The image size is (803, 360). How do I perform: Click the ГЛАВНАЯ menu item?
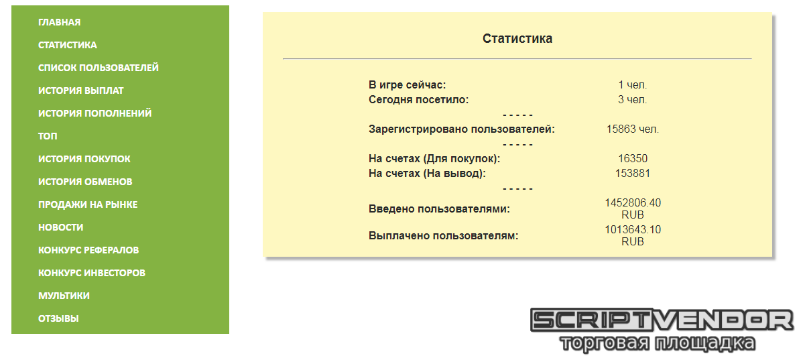click(59, 22)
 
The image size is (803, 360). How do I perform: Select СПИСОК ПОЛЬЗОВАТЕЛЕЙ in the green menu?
click(99, 68)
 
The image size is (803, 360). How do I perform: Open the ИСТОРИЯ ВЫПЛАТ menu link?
click(81, 91)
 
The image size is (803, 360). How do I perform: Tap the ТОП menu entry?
click(48, 136)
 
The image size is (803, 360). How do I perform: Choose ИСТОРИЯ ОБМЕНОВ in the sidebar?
click(85, 182)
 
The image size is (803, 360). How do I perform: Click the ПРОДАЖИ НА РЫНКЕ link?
click(88, 204)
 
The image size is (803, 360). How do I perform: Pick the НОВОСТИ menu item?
click(60, 227)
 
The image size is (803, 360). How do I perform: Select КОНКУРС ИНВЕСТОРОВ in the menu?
click(92, 273)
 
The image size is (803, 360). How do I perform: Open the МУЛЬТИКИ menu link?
click(64, 296)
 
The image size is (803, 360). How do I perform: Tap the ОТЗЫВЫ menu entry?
click(58, 318)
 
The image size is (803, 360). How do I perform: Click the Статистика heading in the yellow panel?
click(517, 38)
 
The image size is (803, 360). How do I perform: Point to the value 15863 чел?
click(633, 129)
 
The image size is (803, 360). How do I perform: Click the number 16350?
click(633, 159)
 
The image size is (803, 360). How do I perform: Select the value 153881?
click(633, 173)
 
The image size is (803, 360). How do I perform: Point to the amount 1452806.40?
click(633, 202)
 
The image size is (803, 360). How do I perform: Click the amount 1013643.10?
click(633, 230)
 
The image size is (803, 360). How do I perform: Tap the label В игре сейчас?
click(407, 85)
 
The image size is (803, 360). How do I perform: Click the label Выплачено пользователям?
click(444, 236)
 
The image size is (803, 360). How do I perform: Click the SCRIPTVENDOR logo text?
click(662, 320)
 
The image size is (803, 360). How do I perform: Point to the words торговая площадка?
click(658, 343)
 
